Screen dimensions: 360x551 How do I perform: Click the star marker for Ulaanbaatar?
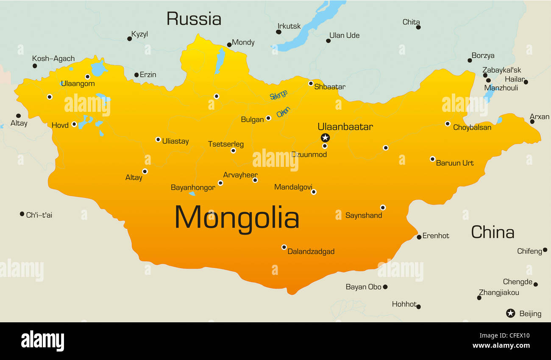coord(325,138)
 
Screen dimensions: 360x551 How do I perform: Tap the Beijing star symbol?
coord(511,313)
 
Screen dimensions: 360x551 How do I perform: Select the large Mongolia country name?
coord(237,218)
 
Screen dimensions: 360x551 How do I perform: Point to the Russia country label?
coord(194,19)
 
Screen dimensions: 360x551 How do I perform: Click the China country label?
coord(493,232)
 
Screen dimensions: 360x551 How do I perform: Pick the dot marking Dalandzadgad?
coord(284,247)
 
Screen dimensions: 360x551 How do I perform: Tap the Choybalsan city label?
coord(472,127)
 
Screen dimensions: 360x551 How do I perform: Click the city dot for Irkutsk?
coord(279,32)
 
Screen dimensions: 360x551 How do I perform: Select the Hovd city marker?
coord(74,125)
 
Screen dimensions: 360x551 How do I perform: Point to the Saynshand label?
coord(364,216)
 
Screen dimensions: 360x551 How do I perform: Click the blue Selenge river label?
coord(278,95)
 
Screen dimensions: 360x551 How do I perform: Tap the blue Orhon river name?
coord(283,112)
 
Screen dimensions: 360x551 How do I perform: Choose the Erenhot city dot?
coord(419,237)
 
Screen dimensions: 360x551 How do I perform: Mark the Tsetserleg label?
coord(226,144)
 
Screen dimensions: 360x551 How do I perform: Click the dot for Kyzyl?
coord(129,39)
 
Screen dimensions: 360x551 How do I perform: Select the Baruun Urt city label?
coord(455,163)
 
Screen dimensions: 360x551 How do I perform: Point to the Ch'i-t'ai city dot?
coord(22,214)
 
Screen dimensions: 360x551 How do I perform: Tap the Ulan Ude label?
coord(344,36)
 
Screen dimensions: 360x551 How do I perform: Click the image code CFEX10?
coord(515,336)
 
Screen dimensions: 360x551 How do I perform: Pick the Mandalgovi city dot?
coord(314,192)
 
